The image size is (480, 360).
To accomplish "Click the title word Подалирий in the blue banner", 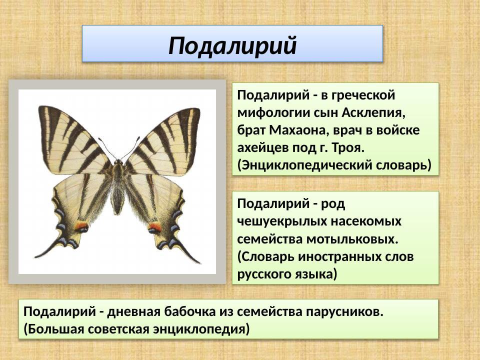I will [232, 45].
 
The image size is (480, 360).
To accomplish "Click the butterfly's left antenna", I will [106, 148].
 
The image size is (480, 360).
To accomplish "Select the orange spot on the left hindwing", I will [82, 226].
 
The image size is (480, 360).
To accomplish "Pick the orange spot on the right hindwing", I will [154, 226].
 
